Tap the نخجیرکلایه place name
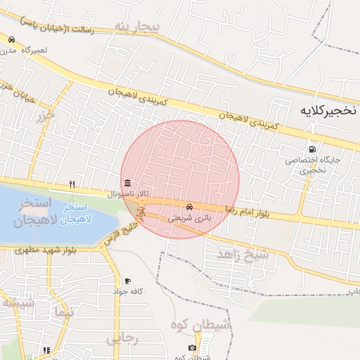point(328,111)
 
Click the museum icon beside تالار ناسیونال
point(127,181)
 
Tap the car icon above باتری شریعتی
point(189,207)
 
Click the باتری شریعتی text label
point(188,218)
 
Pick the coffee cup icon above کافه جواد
point(127,280)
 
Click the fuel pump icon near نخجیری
point(311,148)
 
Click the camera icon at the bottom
point(192,347)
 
